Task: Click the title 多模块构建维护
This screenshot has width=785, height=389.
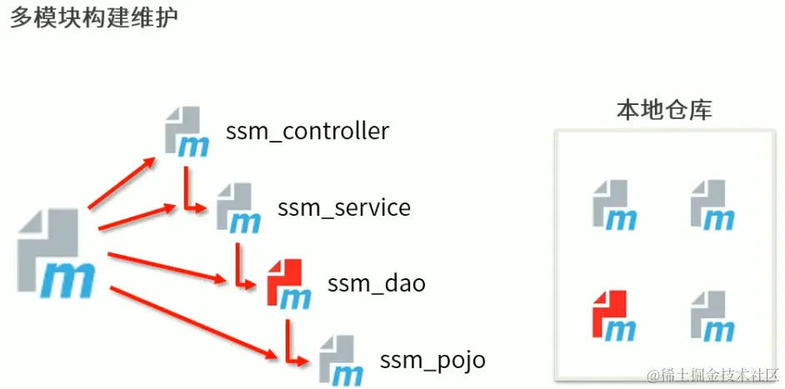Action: [93, 17]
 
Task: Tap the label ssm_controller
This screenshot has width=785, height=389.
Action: [307, 132]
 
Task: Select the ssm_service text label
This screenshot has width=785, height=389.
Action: [343, 207]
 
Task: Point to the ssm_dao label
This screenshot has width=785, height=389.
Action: [377, 283]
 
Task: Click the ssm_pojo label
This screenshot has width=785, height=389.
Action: [432, 361]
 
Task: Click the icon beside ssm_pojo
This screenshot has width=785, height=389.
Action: [340, 360]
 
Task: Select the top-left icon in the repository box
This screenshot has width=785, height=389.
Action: [614, 205]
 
